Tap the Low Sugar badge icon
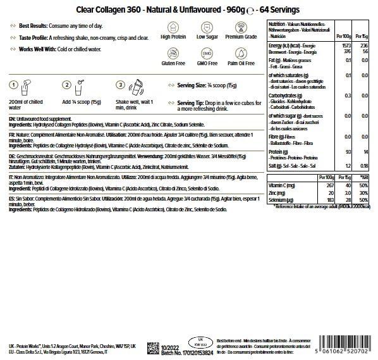pos(204,27)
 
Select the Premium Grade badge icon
pos(232,27)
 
